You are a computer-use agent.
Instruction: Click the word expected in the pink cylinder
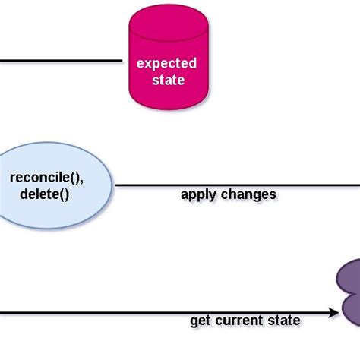coord(166,63)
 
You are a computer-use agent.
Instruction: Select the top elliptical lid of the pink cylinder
coord(166,17)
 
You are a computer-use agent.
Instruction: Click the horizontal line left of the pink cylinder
coord(61,60)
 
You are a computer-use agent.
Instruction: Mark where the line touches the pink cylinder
coord(123,60)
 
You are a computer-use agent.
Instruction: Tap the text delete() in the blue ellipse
coord(45,194)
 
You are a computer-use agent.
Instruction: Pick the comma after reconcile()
coord(82,182)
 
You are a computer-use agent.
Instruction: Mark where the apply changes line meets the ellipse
coord(114,185)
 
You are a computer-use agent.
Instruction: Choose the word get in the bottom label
coord(199,321)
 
